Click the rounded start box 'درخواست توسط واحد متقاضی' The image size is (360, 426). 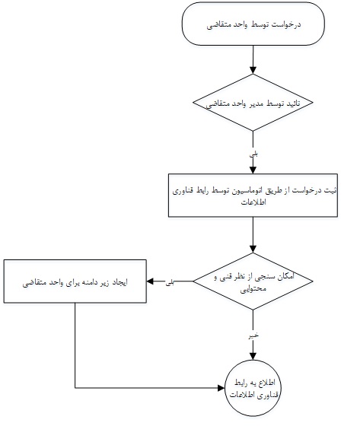[x=253, y=24]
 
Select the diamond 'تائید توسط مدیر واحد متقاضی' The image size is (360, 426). [x=253, y=103]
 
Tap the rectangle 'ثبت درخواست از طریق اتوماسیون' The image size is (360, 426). [x=253, y=196]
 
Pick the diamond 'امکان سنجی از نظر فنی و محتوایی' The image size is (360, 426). [x=253, y=281]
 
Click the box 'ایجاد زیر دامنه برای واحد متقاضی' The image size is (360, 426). [x=75, y=281]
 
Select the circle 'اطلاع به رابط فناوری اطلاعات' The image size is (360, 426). [x=253, y=388]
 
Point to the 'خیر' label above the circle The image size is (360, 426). [x=253, y=335]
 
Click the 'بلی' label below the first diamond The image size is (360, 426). [x=253, y=154]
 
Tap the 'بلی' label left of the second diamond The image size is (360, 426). [x=170, y=282]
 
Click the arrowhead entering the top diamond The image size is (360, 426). [x=253, y=70]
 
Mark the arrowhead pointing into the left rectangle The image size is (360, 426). [x=150, y=281]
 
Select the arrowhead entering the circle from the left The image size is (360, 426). [x=221, y=388]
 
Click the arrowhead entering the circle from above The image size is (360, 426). [x=253, y=357]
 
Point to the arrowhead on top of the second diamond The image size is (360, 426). [x=253, y=250]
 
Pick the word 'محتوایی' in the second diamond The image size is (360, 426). [x=253, y=289]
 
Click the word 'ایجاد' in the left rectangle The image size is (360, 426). [x=120, y=282]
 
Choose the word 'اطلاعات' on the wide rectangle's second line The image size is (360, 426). [x=253, y=202]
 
